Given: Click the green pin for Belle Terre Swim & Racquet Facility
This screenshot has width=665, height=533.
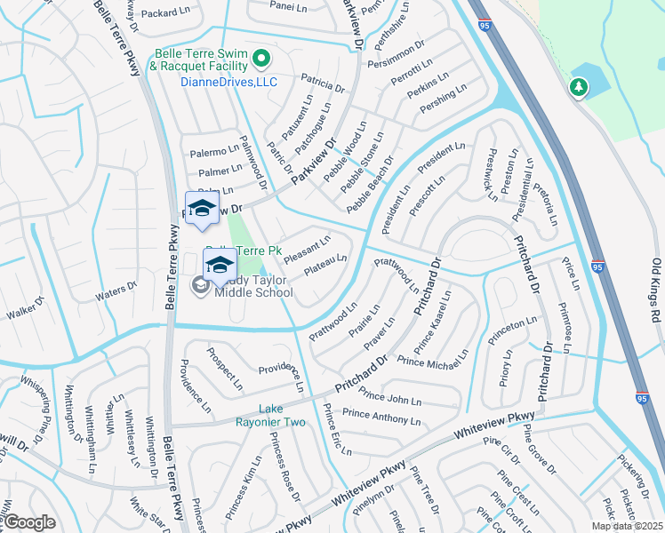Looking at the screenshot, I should click(x=261, y=60).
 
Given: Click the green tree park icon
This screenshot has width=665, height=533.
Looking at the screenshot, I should click(x=579, y=87).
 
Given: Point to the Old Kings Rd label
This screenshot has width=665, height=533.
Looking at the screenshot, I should click(x=656, y=290).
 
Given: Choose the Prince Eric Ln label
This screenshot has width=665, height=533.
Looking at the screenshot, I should click(x=337, y=430).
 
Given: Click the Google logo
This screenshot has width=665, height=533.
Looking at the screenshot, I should click(x=28, y=523).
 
